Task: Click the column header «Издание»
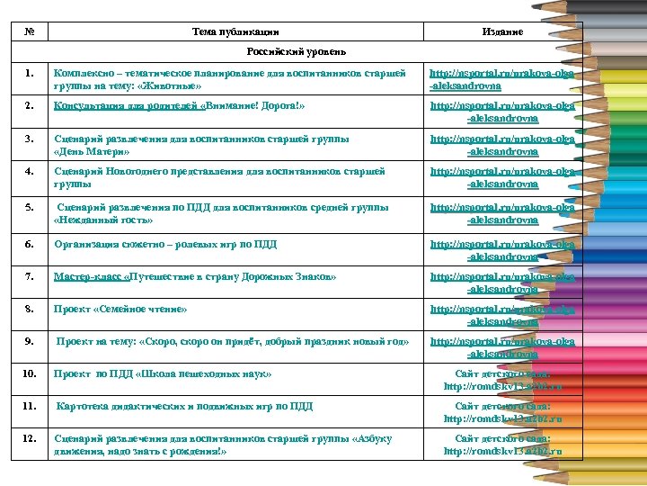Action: [502, 31]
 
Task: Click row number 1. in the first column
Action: [29, 73]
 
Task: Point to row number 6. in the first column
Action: [29, 245]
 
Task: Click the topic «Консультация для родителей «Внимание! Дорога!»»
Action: [180, 105]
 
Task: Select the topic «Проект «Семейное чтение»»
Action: [120, 309]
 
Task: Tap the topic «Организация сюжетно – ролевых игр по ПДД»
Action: [165, 245]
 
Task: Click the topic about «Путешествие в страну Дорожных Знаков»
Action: [195, 276]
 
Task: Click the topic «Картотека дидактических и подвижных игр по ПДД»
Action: [184, 406]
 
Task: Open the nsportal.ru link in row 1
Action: [502, 79]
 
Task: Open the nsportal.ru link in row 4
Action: [502, 177]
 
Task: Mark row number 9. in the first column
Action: [29, 341]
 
